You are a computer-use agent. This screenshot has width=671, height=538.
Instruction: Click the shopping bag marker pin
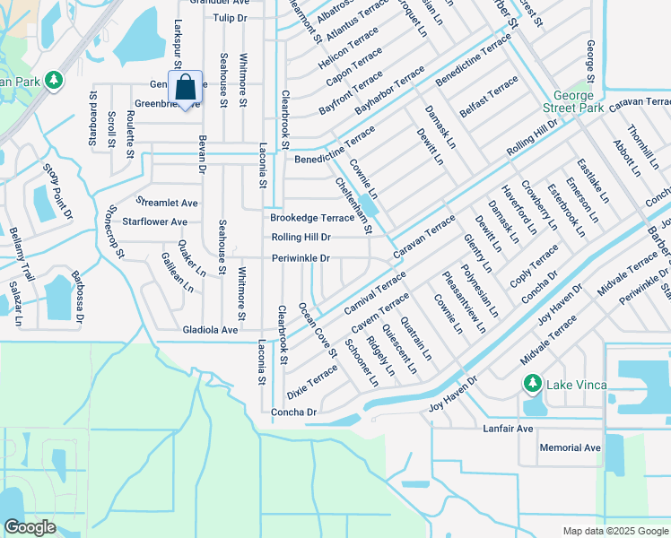[x=185, y=90]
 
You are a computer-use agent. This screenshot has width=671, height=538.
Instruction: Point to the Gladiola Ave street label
[x=210, y=330]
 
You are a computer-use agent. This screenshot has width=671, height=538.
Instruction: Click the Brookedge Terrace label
[x=312, y=218]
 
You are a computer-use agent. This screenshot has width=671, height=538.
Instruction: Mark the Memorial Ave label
[x=570, y=447]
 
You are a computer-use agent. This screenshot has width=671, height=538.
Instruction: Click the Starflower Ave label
[x=154, y=221]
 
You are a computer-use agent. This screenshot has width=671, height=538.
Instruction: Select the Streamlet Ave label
[x=166, y=203]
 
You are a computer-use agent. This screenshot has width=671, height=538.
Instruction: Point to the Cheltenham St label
[x=353, y=204]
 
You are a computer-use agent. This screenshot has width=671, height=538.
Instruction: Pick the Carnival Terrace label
[x=374, y=296]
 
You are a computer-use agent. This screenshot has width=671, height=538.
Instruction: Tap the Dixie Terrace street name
[x=311, y=382]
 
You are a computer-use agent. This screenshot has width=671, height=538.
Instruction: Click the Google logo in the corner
[x=29, y=527]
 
